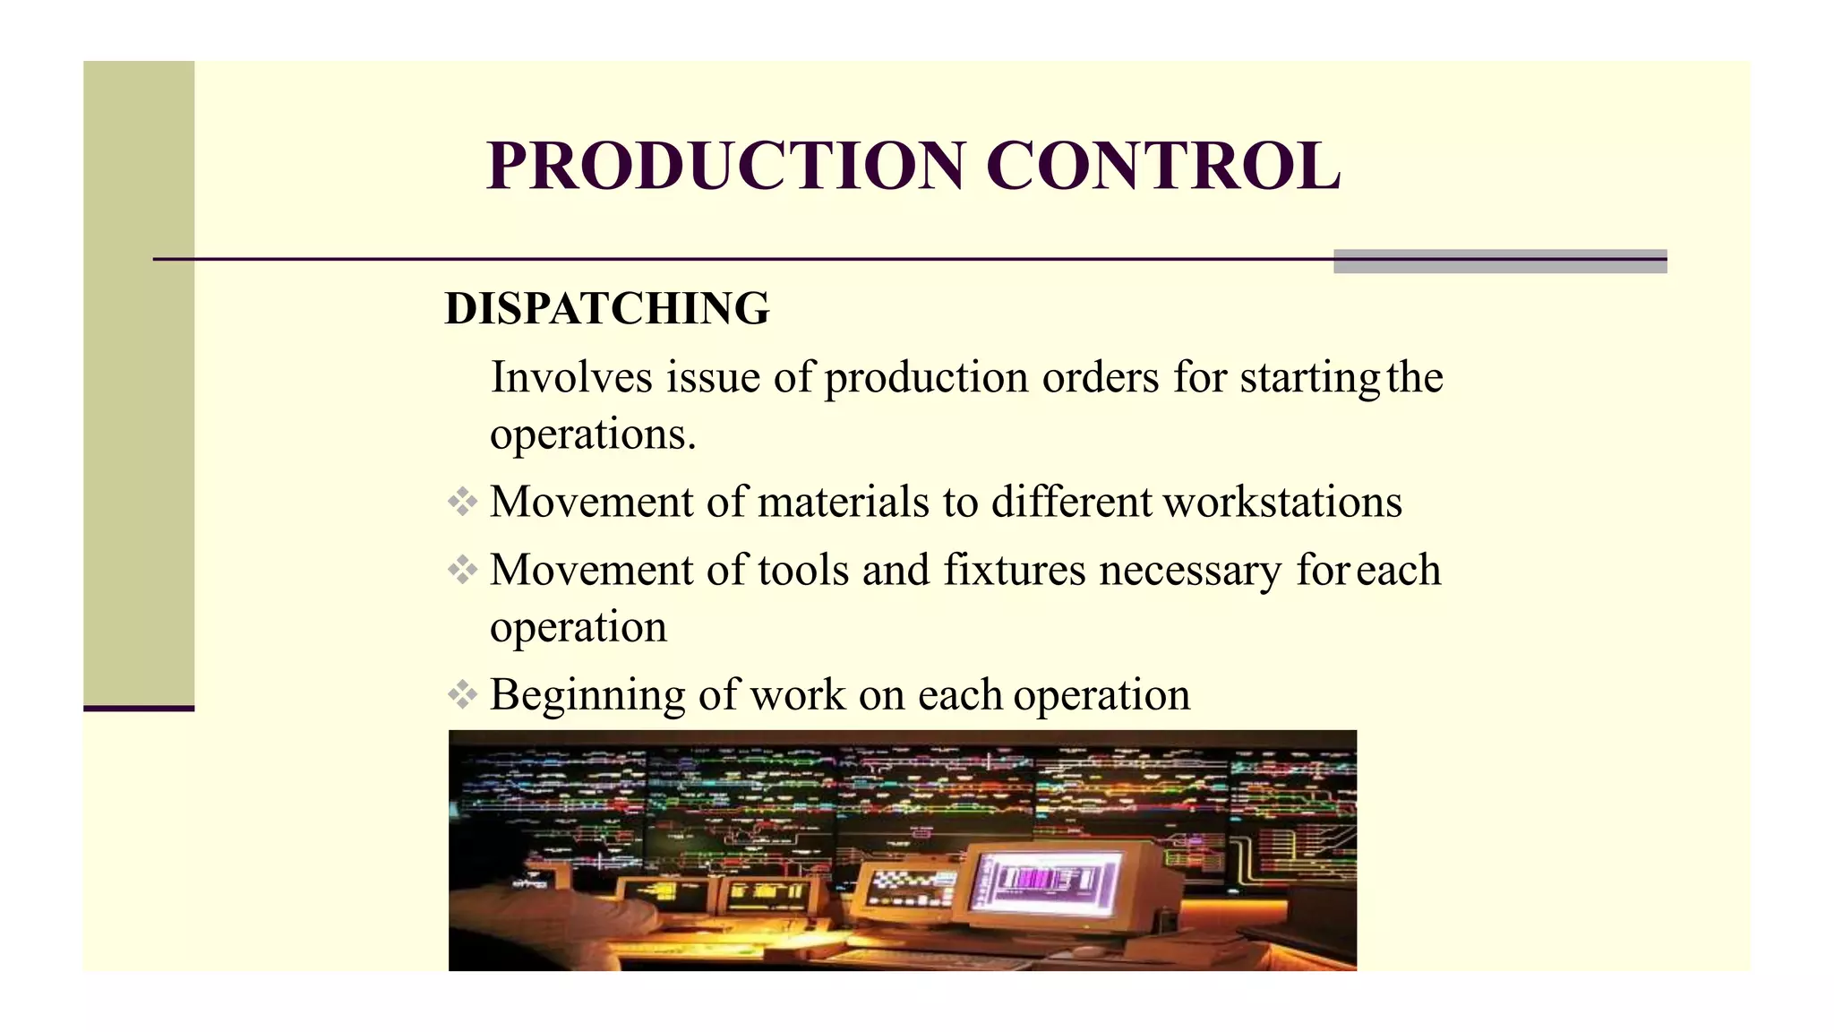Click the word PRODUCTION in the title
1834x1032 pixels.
coord(725,167)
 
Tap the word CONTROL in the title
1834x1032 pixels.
coord(1163,167)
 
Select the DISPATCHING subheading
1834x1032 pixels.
coord(607,309)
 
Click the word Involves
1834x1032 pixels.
coord(571,377)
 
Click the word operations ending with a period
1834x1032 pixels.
coord(593,435)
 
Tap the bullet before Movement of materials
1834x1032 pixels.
coord(462,502)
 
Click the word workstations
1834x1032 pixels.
coord(1282,502)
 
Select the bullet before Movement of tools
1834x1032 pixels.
coord(462,570)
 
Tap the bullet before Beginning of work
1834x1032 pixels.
coord(462,694)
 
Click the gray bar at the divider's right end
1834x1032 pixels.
coord(1500,261)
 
